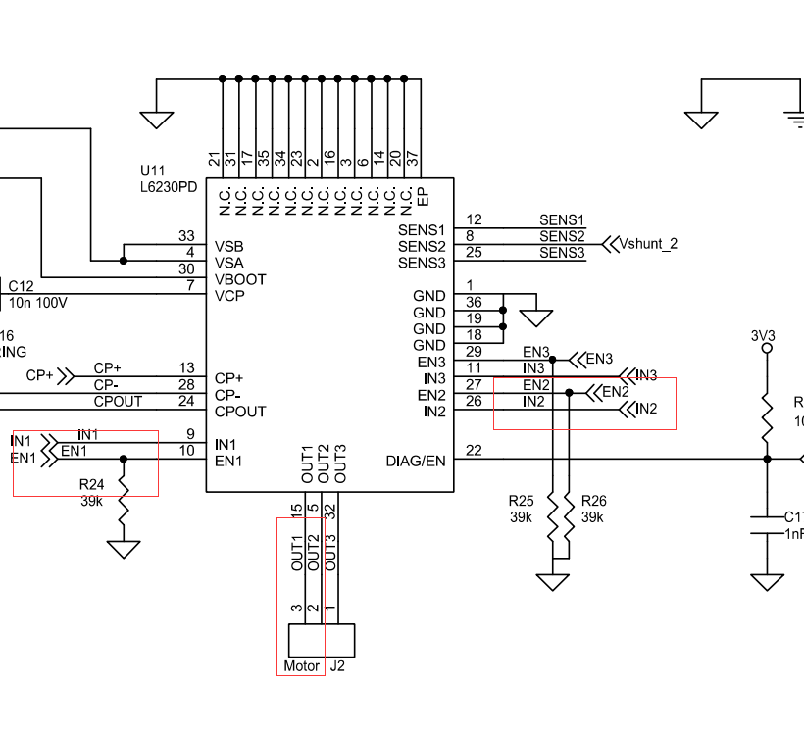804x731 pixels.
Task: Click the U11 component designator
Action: click(154, 169)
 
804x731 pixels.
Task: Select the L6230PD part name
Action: click(169, 185)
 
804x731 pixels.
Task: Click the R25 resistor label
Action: click(521, 500)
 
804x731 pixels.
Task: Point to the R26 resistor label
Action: click(592, 500)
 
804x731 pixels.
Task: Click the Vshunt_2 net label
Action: click(648, 244)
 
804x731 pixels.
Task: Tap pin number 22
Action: click(474, 451)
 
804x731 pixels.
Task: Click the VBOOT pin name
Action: click(240, 280)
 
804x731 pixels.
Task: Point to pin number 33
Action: click(186, 236)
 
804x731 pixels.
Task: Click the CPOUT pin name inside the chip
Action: click(240, 412)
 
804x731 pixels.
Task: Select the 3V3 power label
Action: click(763, 335)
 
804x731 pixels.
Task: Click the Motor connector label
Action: click(301, 666)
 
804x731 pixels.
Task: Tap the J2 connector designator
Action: click(337, 666)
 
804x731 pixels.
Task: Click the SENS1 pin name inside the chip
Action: click(422, 229)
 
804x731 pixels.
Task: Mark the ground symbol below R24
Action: click(123, 548)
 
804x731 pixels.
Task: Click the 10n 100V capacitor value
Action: click(38, 303)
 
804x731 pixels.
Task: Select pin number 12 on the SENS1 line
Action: click(474, 219)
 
